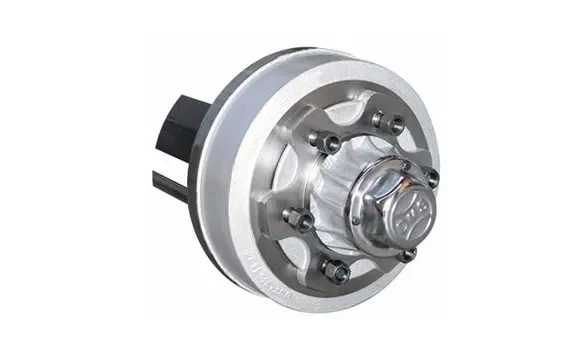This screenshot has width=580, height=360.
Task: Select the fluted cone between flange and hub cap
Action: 345,185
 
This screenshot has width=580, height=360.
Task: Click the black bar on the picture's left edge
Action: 48,180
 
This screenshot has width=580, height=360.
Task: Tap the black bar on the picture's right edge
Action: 530,180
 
